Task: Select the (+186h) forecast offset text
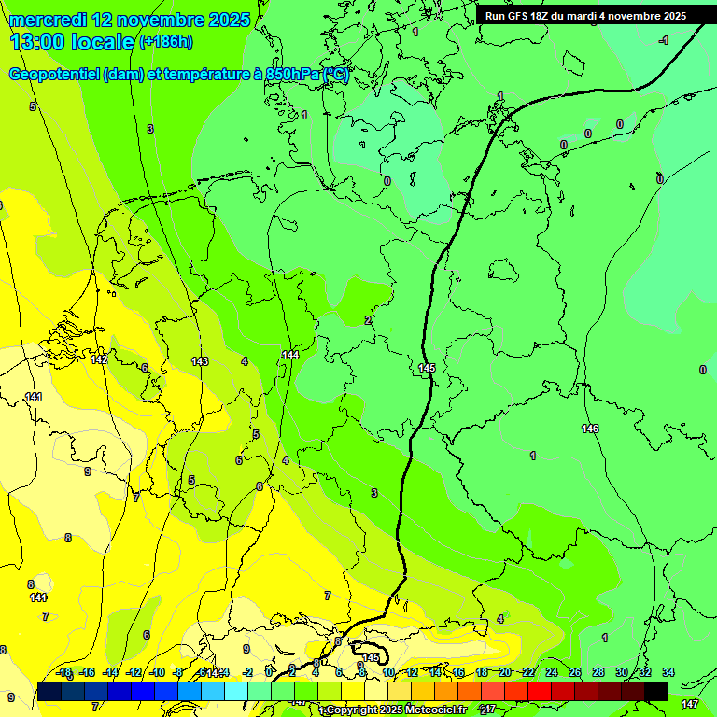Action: pos(165,42)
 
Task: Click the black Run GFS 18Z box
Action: pos(585,16)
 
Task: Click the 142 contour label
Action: pos(99,359)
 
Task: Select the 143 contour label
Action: pos(199,361)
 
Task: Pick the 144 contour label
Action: pos(290,355)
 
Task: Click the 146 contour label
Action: pos(590,429)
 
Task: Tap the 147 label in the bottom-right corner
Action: pos(690,703)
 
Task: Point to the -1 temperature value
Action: pos(663,40)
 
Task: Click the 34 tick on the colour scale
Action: pos(668,672)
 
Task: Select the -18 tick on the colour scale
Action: pos(63,672)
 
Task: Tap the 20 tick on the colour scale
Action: pos(504,672)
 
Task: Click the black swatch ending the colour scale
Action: pos(656,690)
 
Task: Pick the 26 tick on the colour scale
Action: pos(574,672)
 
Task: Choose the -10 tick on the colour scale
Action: pos(157,672)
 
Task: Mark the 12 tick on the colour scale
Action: pos(411,672)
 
